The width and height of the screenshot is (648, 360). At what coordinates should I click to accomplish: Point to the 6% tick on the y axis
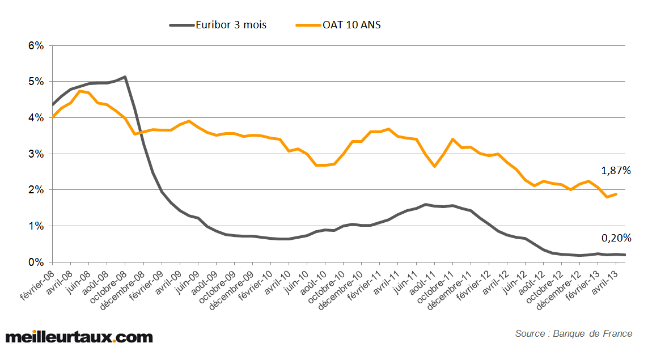pos(36,46)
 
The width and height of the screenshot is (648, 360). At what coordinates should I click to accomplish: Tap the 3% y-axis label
pos(36,154)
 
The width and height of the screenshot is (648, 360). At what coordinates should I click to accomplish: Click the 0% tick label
pos(36,262)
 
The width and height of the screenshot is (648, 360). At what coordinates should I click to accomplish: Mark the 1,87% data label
pos(615,170)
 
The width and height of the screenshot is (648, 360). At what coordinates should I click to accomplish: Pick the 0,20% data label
pos(615,238)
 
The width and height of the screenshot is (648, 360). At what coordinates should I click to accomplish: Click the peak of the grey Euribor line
pos(125,77)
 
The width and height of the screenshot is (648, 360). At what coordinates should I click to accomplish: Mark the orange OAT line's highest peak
pos(80,91)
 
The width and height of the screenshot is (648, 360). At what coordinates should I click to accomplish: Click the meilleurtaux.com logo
pos(79,337)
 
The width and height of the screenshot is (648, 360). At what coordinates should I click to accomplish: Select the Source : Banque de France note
pos(573,333)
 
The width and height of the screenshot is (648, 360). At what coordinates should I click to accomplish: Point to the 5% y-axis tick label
pos(36,82)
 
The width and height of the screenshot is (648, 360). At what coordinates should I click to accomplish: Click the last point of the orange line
pos(616,194)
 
